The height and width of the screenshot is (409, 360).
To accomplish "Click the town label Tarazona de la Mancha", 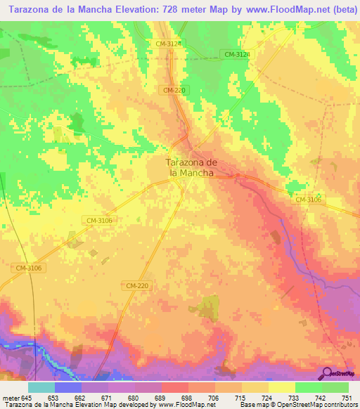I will click(x=191, y=167).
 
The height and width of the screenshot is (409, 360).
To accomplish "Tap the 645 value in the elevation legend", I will click(x=27, y=397).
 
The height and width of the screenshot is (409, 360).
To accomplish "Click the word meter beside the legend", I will click(x=11, y=397).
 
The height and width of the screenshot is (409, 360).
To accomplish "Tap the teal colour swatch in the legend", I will click(x=41, y=387).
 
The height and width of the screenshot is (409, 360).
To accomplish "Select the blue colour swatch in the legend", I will click(x=68, y=387).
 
